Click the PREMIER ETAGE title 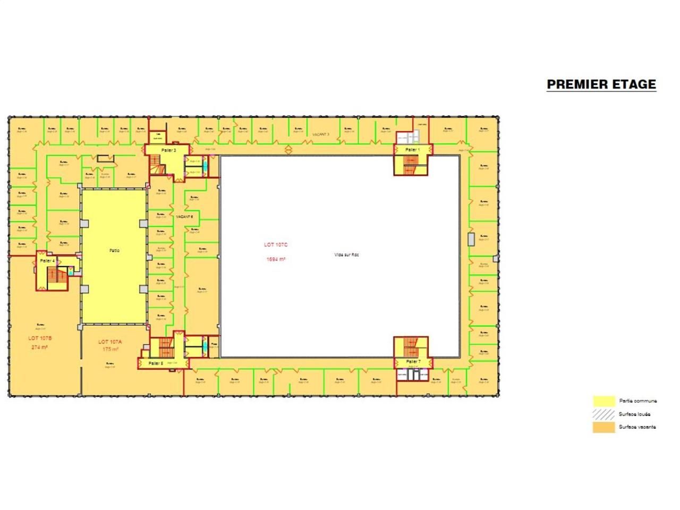point(601,84)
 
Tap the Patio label point(114,251)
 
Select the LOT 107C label point(275,245)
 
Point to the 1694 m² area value point(276,259)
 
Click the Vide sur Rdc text point(347,255)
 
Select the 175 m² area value point(110,350)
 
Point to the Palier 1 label point(412,150)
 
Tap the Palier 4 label point(47,261)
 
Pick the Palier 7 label point(413,362)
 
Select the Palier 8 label point(156,363)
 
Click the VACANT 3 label point(321,134)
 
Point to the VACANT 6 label point(184,217)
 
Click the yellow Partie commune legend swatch point(604,401)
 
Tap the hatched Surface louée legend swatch point(604,414)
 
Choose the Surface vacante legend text point(637,427)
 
